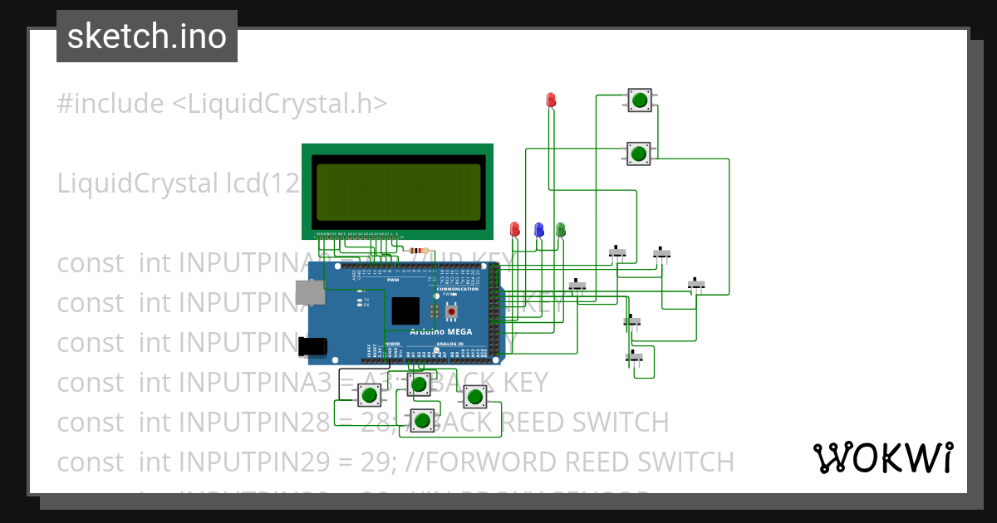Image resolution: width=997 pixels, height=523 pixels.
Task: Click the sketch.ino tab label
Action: [146, 37]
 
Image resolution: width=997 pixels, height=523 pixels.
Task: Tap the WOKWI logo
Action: [882, 457]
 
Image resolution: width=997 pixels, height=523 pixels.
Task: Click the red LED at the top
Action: [551, 100]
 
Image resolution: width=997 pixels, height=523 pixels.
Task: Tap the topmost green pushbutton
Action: [639, 100]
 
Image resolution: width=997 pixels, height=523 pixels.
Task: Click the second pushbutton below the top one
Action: [638, 154]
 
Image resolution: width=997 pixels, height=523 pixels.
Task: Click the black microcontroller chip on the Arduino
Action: [405, 310]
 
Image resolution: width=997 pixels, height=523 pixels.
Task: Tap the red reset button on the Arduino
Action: [451, 313]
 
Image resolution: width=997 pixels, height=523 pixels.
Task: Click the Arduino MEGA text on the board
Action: [440, 331]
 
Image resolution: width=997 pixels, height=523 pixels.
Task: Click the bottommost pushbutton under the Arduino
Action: [422, 423]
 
